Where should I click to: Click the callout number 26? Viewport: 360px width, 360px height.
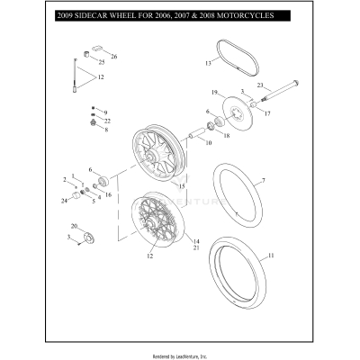(x=113, y=57)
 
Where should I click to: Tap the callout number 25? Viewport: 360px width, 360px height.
(x=101, y=63)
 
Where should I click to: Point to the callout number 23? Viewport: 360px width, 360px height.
(x=260, y=86)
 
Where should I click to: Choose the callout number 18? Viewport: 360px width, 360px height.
(x=226, y=136)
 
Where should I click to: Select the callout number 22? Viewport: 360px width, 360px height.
(x=107, y=121)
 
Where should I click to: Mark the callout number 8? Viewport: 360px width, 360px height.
(x=105, y=130)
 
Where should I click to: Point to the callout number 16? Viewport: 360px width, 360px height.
(x=109, y=194)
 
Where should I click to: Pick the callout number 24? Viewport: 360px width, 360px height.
(x=64, y=201)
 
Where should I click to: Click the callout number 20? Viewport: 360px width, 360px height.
(x=75, y=227)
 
